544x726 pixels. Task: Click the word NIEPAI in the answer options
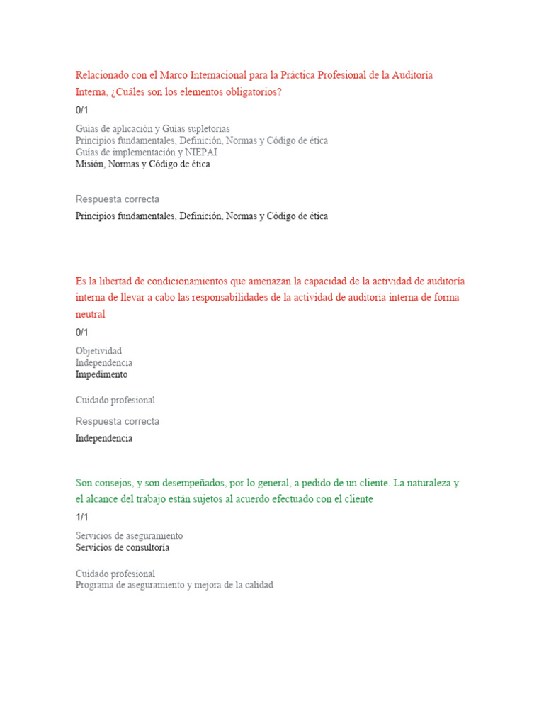click(201, 152)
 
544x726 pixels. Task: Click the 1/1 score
click(82, 518)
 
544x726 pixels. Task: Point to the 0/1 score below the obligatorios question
click(82, 110)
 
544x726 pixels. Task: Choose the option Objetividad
click(98, 351)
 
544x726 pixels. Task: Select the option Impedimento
click(101, 374)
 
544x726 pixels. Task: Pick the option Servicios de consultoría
click(123, 548)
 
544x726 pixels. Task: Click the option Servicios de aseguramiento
click(129, 536)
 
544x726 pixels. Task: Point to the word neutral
click(90, 313)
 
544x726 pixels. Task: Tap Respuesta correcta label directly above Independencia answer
click(118, 421)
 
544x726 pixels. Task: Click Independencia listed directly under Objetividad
click(103, 363)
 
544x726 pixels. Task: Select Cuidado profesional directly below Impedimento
click(115, 400)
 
